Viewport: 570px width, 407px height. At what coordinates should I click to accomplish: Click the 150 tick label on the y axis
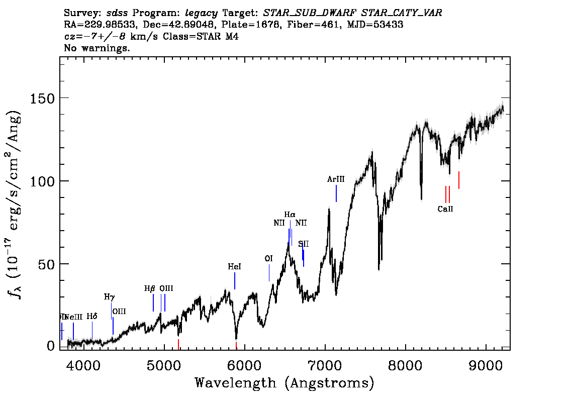tap(43, 98)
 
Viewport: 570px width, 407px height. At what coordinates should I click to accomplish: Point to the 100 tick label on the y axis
tap(43, 181)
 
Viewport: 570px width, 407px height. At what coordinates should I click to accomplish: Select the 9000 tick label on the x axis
tap(486, 363)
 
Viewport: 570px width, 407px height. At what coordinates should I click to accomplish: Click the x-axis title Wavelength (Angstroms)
tap(284, 383)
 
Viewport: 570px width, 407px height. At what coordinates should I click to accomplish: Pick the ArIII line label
tap(336, 179)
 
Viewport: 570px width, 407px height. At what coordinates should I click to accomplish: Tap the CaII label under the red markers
tap(445, 209)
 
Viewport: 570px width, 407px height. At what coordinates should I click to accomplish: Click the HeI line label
tap(234, 267)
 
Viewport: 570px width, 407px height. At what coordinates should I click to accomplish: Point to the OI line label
tap(268, 258)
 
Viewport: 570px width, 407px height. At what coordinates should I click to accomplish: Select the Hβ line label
tap(150, 288)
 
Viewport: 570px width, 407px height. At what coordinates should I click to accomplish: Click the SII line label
tap(303, 244)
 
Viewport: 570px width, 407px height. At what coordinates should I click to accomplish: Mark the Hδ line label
tap(91, 317)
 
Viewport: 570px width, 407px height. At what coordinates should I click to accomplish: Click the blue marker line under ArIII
tap(336, 193)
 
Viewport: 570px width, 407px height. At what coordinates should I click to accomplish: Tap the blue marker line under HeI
tap(235, 281)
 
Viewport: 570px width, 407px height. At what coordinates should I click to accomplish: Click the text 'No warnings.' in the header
tap(97, 48)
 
